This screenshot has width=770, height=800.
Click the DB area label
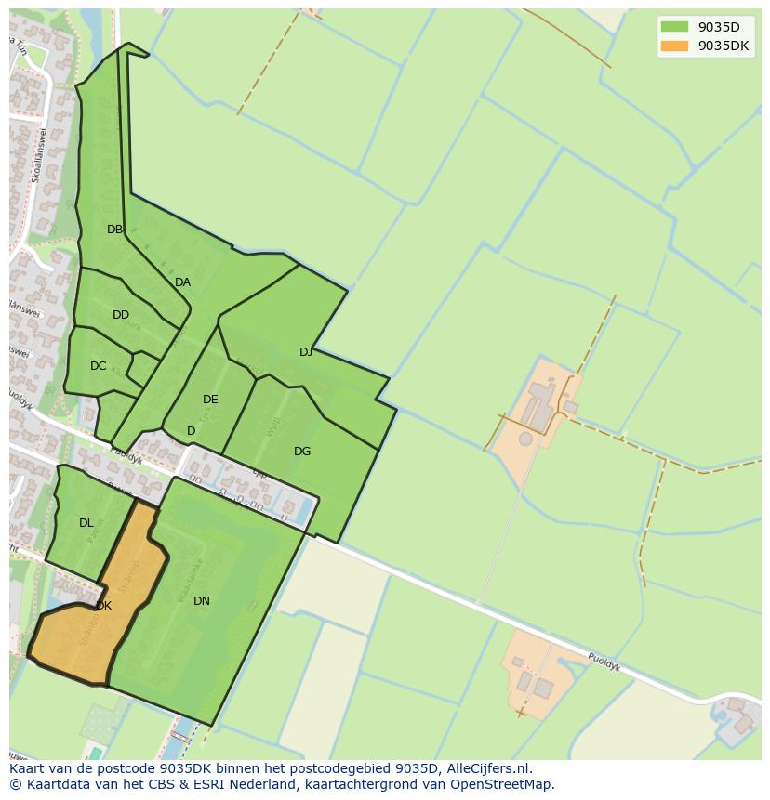[114, 230]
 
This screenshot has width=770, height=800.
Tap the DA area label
[182, 282]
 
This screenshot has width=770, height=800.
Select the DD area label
[121, 315]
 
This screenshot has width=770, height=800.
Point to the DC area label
[98, 366]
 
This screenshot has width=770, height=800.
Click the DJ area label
[306, 352]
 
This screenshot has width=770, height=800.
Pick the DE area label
[210, 400]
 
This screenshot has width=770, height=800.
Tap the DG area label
[302, 452]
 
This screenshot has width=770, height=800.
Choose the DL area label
[86, 523]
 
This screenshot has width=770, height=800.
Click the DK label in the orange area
[103, 606]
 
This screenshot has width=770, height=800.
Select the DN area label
[202, 601]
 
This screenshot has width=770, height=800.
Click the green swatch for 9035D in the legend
[674, 27]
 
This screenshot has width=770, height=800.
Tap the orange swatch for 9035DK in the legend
[674, 46]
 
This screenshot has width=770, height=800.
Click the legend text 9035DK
[724, 46]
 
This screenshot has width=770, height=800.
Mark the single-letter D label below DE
[191, 431]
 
